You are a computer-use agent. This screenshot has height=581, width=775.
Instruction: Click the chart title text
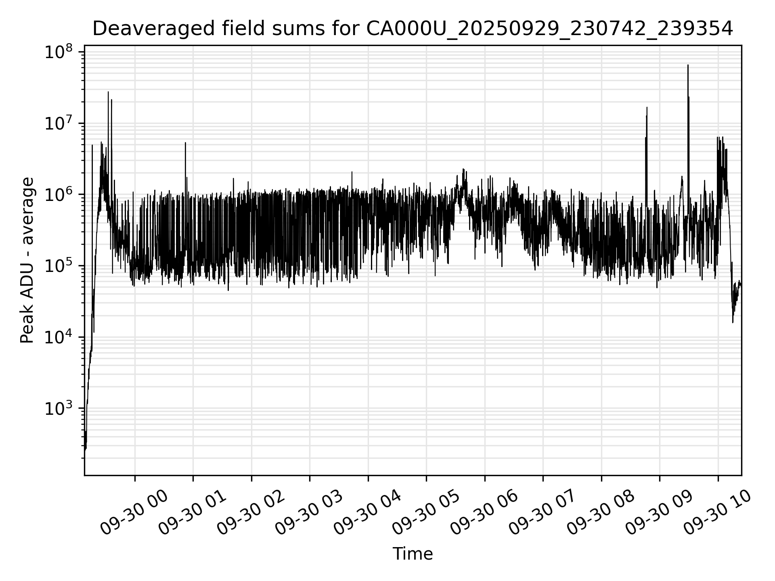click(x=413, y=29)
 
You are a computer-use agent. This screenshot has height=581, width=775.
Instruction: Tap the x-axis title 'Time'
click(x=413, y=554)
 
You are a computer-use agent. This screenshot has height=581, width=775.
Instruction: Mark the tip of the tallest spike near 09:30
click(x=688, y=65)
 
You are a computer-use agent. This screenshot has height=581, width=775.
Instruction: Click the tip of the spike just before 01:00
click(x=185, y=143)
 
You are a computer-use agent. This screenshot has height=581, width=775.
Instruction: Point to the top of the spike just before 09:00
click(x=647, y=107)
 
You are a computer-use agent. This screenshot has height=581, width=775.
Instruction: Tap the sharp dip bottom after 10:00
click(x=733, y=322)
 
